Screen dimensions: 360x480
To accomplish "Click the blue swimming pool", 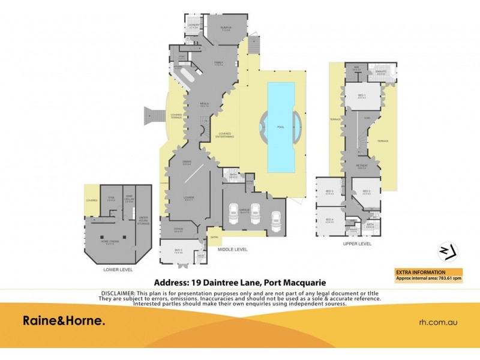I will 281,126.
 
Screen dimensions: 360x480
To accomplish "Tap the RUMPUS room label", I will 226,28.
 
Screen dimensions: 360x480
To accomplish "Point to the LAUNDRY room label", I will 193,26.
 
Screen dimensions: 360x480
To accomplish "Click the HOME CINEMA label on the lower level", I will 109,241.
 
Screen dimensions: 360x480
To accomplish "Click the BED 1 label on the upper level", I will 362,96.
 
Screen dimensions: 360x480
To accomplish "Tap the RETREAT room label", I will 361,167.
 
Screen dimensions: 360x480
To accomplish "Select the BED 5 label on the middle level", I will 178,251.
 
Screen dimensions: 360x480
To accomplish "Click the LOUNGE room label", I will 188,198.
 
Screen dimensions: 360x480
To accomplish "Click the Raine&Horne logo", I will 64,321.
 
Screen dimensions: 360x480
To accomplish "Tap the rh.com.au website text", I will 437,322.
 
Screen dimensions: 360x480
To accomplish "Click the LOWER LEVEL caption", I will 118,270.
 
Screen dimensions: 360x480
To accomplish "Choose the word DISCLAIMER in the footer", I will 116,292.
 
